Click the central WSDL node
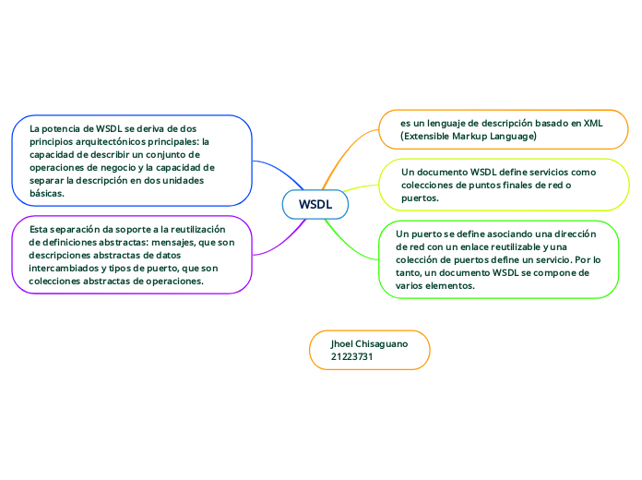point(315,204)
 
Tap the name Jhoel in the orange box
point(344,343)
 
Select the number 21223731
point(351,356)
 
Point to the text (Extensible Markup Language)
point(468,136)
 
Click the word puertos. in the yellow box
point(420,198)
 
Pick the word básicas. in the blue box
point(47,194)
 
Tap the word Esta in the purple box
point(40,229)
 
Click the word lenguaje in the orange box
point(445,123)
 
